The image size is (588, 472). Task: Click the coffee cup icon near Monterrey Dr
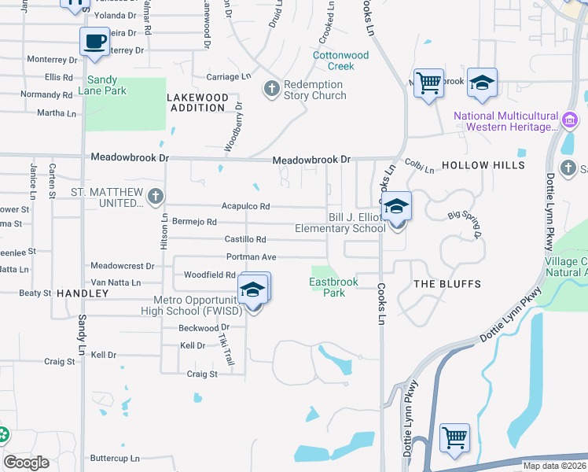pyautogui.click(x=94, y=41)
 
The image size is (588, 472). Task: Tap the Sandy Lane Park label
pyautogui.click(x=106, y=85)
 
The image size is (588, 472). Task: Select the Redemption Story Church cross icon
pyautogui.click(x=272, y=87)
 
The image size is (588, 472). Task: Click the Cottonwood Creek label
pyautogui.click(x=340, y=61)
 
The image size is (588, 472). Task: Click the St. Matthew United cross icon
pyautogui.click(x=156, y=194)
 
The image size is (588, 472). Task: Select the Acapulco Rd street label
pyautogui.click(x=245, y=207)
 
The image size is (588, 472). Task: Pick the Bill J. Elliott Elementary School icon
pyautogui.click(x=397, y=207)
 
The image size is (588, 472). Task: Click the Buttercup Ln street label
pyautogui.click(x=114, y=458)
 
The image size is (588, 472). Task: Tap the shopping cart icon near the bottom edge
pyautogui.click(x=455, y=437)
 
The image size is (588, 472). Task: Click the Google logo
pyautogui.click(x=27, y=463)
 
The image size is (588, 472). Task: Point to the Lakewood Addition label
pyautogui.click(x=198, y=102)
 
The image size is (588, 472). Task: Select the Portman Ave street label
pyautogui.click(x=251, y=257)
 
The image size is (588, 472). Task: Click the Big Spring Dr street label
pyautogui.click(x=465, y=223)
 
